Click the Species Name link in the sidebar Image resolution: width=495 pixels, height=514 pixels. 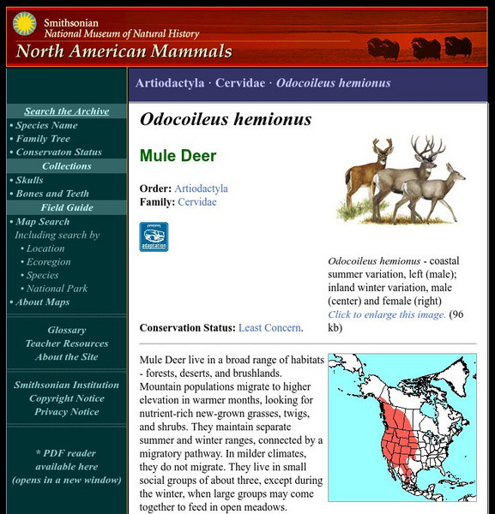click(46, 125)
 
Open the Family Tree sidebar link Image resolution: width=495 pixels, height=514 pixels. click(43, 139)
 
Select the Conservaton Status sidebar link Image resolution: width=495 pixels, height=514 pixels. click(58, 152)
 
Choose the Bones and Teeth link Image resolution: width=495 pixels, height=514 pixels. click(52, 194)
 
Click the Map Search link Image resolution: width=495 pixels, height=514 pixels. click(43, 221)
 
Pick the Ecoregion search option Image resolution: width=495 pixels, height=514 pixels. click(49, 262)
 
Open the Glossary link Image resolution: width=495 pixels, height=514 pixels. click(67, 330)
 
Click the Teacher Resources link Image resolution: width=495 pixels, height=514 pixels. click(67, 344)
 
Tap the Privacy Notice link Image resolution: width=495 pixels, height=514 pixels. click(67, 412)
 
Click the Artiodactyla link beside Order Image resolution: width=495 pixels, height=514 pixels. click(201, 188)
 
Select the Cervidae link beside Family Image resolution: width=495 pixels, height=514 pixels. click(196, 202)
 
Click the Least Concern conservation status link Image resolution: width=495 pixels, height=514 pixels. click(269, 327)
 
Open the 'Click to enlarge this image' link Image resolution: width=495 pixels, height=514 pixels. click(387, 314)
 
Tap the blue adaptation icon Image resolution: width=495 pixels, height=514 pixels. click(154, 236)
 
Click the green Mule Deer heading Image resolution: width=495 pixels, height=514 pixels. click(178, 156)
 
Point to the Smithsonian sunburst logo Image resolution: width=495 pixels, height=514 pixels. click(23, 25)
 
